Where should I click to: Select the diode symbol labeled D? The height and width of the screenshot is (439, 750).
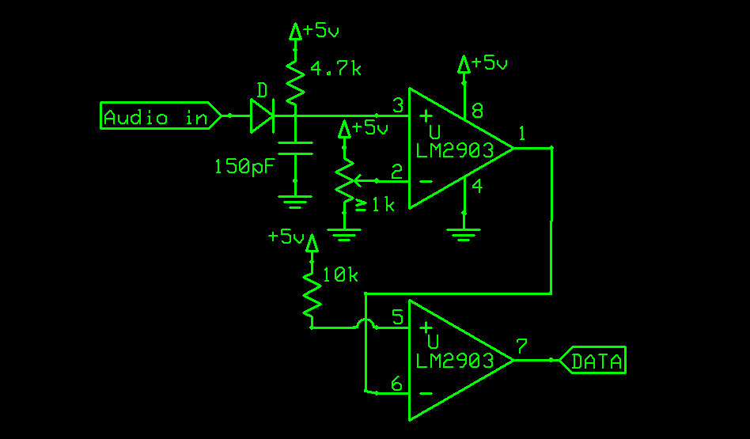pyautogui.click(x=262, y=115)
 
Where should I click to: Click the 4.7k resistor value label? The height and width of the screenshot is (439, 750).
pyautogui.click(x=335, y=70)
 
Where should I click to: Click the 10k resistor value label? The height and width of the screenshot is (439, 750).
pyautogui.click(x=339, y=275)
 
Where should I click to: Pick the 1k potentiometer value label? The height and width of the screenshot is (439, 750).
pyautogui.click(x=375, y=205)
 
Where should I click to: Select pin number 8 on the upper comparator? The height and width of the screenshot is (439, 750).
pyautogui.click(x=477, y=111)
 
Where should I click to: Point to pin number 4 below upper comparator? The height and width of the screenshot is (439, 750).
pyautogui.click(x=477, y=187)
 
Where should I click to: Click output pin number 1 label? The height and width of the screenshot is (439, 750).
pyautogui.click(x=522, y=133)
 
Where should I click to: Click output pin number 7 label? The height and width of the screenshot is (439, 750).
pyautogui.click(x=521, y=346)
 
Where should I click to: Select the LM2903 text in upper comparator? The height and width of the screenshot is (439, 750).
pyautogui.click(x=456, y=150)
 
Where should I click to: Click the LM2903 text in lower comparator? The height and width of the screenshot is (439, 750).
pyautogui.click(x=456, y=361)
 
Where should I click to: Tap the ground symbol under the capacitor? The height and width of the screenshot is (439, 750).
pyautogui.click(x=294, y=202)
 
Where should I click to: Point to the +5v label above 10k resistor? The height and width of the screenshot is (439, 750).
pyautogui.click(x=286, y=236)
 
